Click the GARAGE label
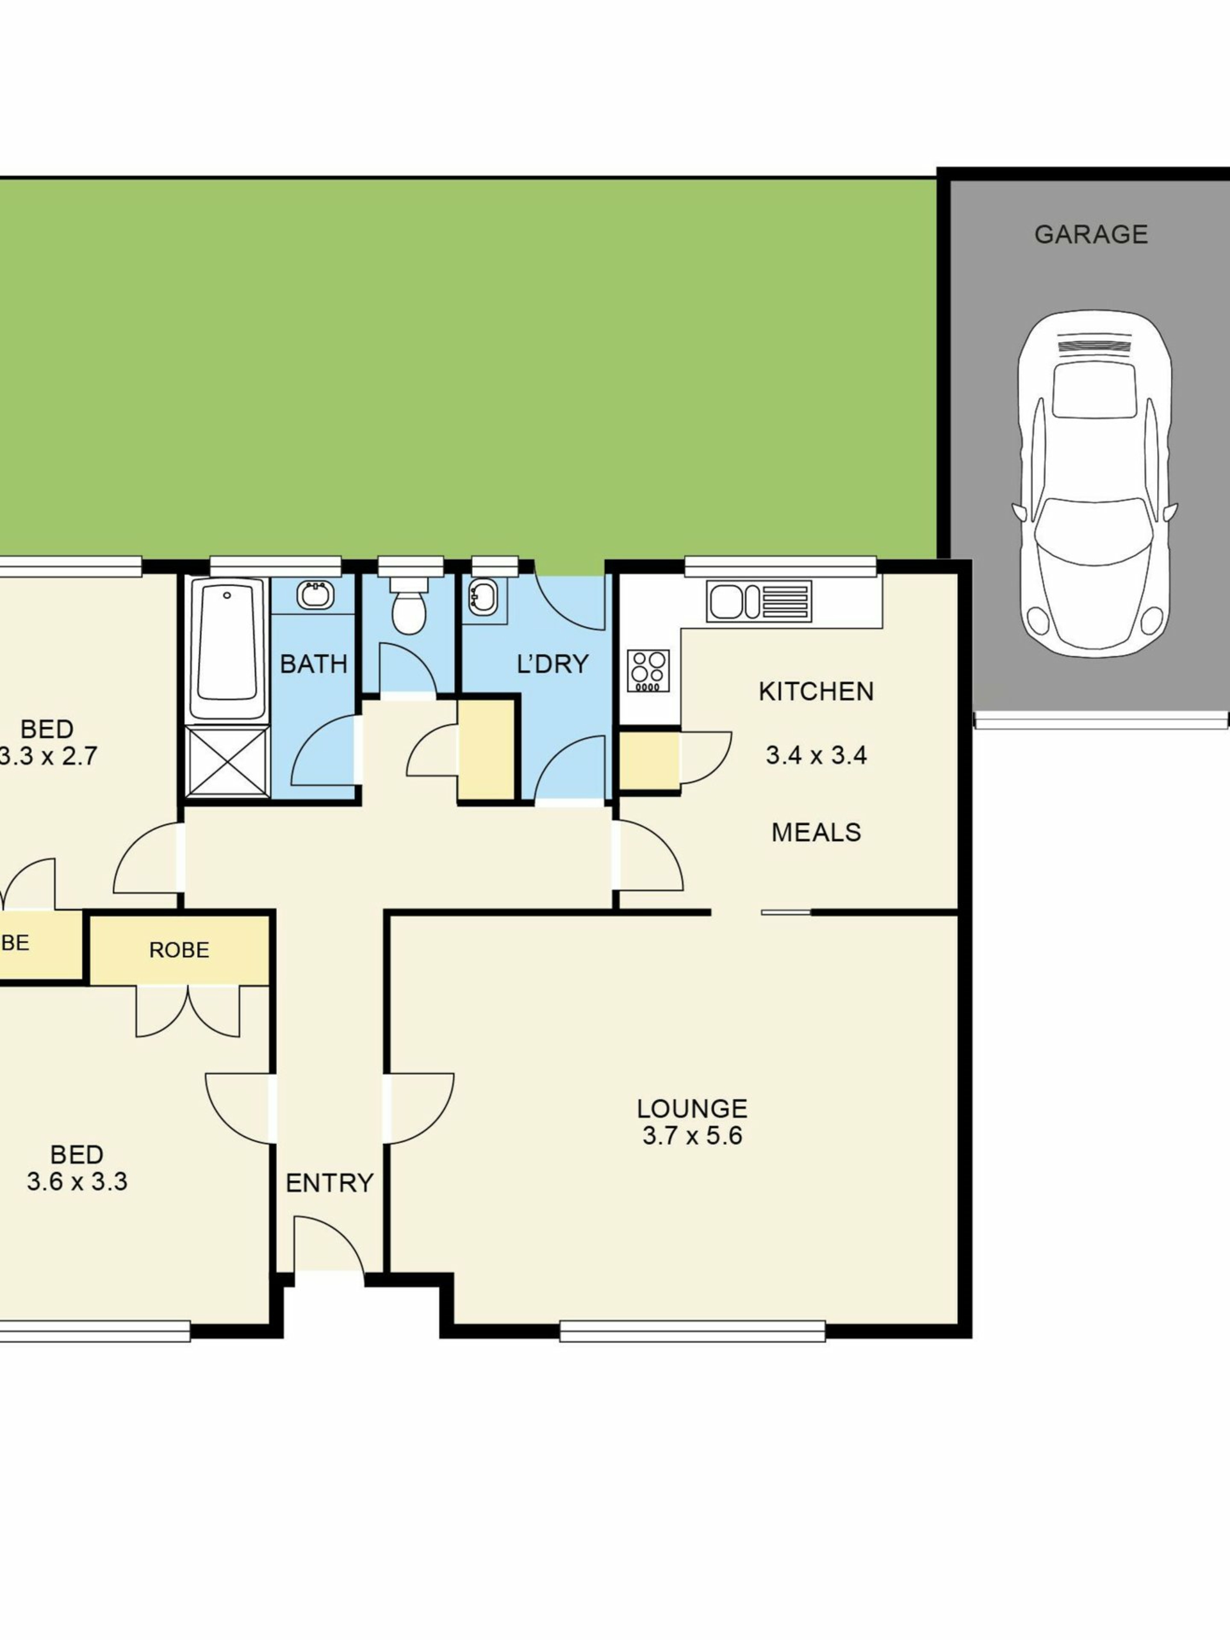coord(1090,234)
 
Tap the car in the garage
coord(1094,484)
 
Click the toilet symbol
coord(409,604)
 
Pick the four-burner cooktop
coord(648,671)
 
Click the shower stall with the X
coord(227,762)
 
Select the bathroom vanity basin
coord(315,594)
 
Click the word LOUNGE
coord(692,1108)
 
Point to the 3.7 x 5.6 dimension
coord(692,1136)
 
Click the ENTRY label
coord(329,1183)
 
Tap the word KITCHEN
coord(816,692)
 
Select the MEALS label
coord(816,833)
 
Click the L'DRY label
coord(552,664)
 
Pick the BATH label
coord(314,664)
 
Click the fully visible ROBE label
coord(179,951)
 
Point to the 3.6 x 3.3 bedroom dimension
coord(77,1182)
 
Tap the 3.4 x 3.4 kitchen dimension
coord(816,755)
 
